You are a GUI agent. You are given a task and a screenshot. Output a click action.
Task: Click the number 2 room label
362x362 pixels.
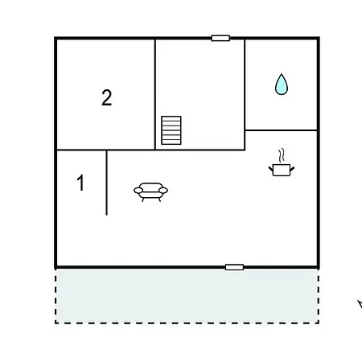[x=107, y=97]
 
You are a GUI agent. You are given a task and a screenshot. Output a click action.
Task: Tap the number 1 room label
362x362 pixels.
[x=80, y=183]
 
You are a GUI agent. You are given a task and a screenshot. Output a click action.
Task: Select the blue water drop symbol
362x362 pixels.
[x=282, y=84]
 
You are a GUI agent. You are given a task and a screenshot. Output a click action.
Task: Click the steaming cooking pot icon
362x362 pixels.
[x=282, y=162]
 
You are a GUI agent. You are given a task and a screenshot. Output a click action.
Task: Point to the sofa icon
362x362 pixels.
[x=150, y=191]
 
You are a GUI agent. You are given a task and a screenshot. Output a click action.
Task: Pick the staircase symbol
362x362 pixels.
[x=171, y=130]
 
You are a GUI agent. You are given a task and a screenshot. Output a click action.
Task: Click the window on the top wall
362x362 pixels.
[x=220, y=38]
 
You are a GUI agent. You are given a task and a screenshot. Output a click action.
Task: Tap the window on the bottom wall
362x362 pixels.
[x=234, y=267]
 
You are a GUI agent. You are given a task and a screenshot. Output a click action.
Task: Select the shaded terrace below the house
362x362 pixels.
[x=187, y=296]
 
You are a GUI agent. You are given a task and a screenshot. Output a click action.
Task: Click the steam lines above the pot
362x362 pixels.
[x=281, y=155]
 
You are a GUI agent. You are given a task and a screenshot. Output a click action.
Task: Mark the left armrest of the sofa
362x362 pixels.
[x=138, y=191]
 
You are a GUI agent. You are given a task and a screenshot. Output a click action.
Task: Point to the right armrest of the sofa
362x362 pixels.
[x=163, y=191]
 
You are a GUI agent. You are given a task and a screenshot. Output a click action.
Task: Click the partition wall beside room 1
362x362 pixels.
[x=106, y=183]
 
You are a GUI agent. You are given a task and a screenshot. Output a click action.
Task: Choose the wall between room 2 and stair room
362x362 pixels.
[x=155, y=94]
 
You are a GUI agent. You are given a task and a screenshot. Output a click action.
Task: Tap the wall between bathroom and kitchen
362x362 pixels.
[x=281, y=130]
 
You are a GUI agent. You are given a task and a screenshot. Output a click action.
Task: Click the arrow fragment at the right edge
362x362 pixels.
[x=360, y=304]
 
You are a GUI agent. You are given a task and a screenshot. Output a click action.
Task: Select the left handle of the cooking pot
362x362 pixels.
[x=271, y=169]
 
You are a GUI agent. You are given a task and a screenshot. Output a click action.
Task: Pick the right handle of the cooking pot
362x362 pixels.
[x=292, y=169]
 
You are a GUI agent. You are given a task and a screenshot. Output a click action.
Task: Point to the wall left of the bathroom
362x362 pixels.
[x=245, y=94]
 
